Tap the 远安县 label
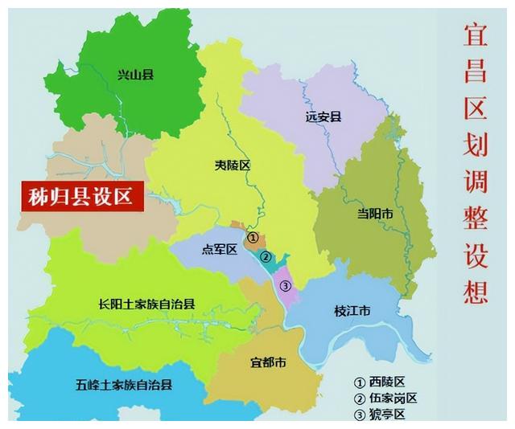pyautogui.click(x=323, y=116)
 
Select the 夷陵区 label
pyautogui.click(x=233, y=165)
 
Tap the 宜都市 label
pyautogui.click(x=267, y=362)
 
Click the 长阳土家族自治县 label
pyautogui.click(x=147, y=304)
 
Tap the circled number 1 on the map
pyautogui.click(x=253, y=238)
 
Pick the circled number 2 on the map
pyautogui.click(x=265, y=257)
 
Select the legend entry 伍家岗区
pyautogui.click(x=391, y=398)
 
